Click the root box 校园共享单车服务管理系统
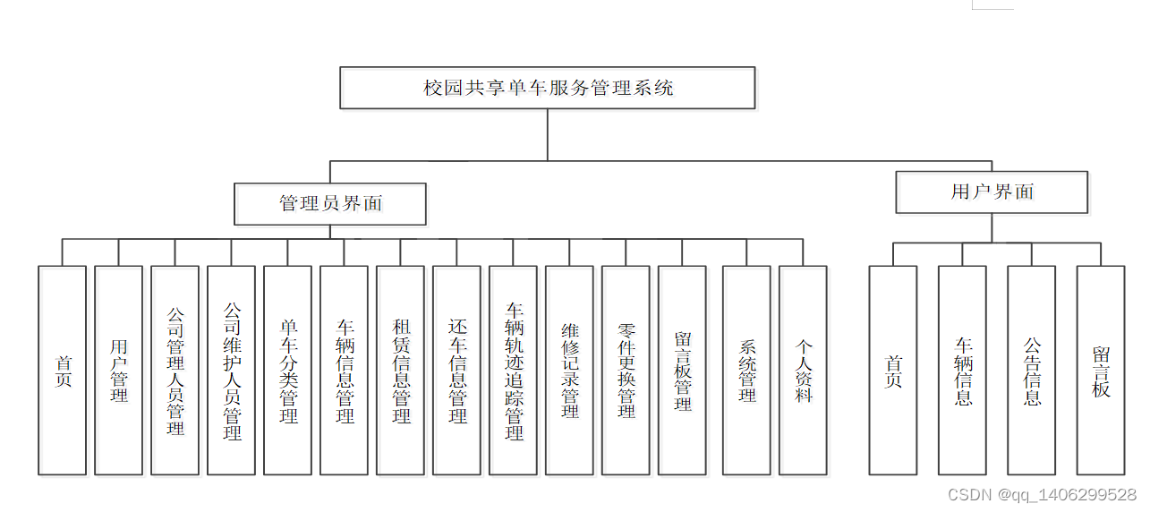[x=548, y=88]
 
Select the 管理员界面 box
[x=330, y=204]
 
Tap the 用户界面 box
[x=992, y=192]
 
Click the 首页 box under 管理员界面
[x=63, y=370]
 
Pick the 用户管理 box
[x=119, y=370]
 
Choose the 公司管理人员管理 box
[x=175, y=370]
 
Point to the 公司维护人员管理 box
[x=232, y=370]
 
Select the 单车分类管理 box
[x=288, y=370]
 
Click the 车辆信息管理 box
[x=345, y=370]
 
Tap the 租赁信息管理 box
[x=401, y=370]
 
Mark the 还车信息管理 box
[x=457, y=370]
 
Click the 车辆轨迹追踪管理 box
[x=514, y=370]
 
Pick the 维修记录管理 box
[x=570, y=370]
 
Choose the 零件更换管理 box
[x=626, y=370]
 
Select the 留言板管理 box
[x=683, y=370]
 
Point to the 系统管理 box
[x=747, y=370]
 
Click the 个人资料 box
[x=804, y=370]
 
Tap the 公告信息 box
[x=1032, y=370]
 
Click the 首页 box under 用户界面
[x=893, y=370]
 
